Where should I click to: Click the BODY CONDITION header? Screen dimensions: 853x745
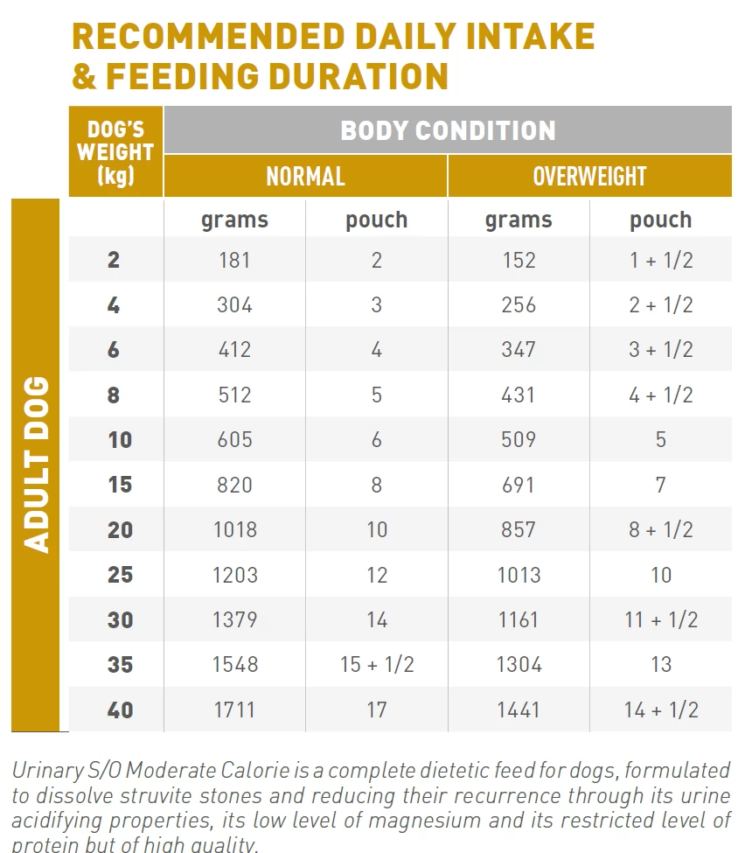pos(448,130)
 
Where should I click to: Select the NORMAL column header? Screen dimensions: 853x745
pos(305,176)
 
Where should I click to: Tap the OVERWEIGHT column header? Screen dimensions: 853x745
pos(589,176)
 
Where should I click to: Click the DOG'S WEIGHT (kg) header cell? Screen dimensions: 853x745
pos(115,152)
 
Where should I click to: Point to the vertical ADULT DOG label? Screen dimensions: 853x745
pos(36,465)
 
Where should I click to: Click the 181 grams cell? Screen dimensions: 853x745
pos(234,260)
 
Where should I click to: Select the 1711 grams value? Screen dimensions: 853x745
pos(234,710)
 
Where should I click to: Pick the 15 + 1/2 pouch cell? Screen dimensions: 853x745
pos(376,665)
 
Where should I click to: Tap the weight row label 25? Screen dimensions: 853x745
pos(120,575)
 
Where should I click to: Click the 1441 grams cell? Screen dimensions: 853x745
pos(519,710)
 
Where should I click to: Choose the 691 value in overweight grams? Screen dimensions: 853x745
pos(519,485)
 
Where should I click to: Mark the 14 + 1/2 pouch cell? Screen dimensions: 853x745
pos(661,710)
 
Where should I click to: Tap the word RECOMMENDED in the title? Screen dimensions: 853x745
pos(208,37)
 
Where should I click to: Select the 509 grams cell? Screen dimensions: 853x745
pos(519,439)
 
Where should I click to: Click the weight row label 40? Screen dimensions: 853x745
pos(120,710)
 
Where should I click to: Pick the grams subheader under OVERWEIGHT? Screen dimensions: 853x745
pos(519,220)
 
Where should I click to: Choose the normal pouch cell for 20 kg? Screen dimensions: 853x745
pos(376,529)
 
